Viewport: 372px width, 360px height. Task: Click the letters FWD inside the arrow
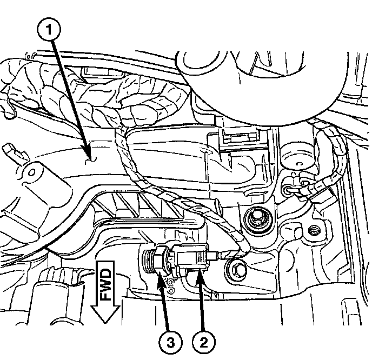coord(105,285)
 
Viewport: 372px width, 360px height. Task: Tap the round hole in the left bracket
coord(32,174)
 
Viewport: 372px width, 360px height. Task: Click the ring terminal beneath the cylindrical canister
coord(288,189)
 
